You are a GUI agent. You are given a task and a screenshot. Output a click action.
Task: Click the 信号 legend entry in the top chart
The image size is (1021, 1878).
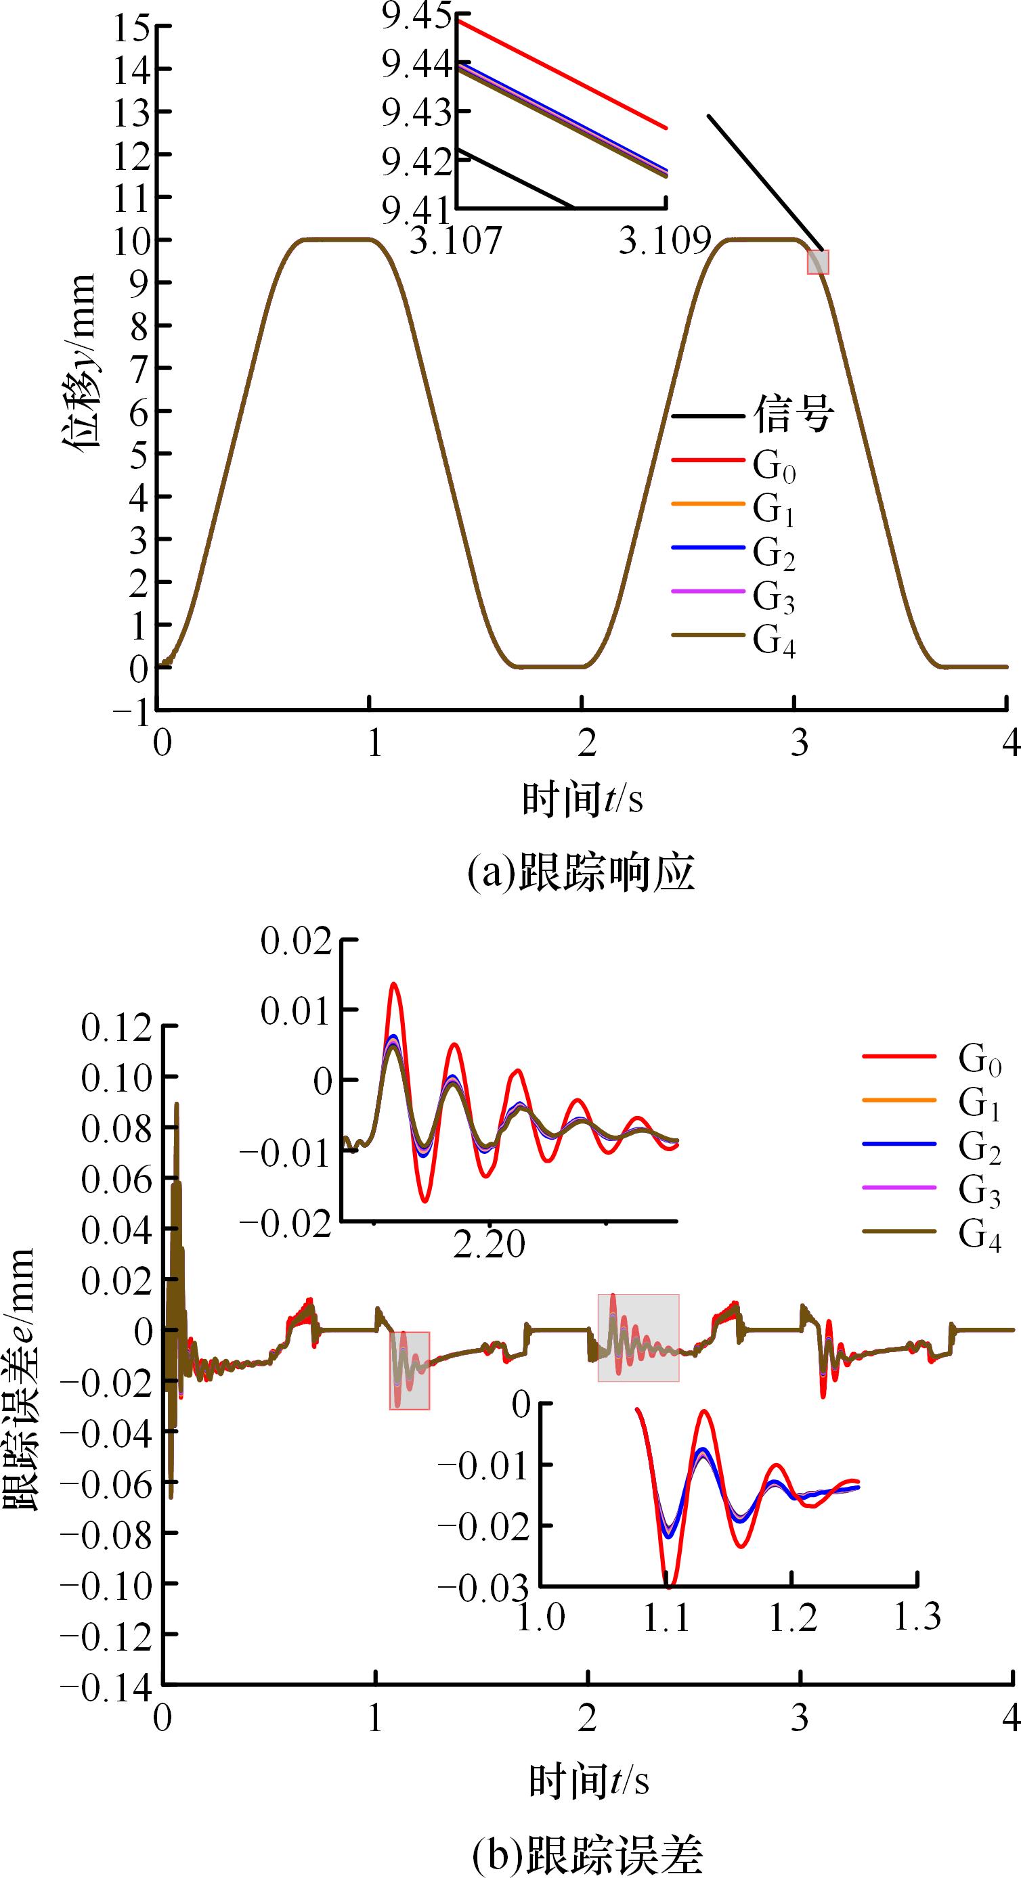click(x=794, y=416)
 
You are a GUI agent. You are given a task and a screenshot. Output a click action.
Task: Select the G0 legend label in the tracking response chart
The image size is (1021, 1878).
click(x=774, y=465)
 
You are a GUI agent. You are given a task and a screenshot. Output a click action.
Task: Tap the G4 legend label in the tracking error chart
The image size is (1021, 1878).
click(x=980, y=1234)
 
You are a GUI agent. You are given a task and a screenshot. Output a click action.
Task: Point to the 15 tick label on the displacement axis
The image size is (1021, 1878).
click(x=131, y=28)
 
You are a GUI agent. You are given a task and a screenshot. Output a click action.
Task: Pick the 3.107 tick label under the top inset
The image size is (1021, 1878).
click(x=456, y=239)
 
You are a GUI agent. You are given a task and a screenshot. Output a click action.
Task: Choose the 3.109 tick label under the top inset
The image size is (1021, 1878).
click(x=665, y=239)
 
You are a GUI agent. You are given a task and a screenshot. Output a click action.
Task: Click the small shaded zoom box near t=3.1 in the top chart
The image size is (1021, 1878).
click(x=817, y=262)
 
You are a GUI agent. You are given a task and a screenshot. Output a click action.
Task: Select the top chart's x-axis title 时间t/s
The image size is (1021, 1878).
click(x=582, y=799)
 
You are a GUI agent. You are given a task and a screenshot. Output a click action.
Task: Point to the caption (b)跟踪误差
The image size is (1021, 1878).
click(x=588, y=1852)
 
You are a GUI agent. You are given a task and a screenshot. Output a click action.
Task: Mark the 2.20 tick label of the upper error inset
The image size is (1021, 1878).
click(x=489, y=1244)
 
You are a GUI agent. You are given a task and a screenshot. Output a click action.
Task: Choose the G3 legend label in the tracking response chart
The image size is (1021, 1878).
click(x=774, y=597)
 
